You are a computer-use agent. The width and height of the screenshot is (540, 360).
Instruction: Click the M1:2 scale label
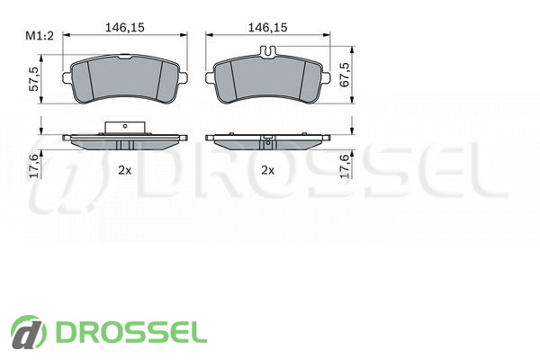40,35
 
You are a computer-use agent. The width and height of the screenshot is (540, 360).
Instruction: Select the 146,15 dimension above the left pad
125,27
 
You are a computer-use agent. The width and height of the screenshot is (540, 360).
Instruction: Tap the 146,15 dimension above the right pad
267,27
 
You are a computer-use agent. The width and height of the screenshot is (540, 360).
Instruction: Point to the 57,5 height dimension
33,79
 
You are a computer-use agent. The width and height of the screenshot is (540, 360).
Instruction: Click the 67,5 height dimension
345,75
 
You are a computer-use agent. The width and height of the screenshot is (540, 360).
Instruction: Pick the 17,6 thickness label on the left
33,166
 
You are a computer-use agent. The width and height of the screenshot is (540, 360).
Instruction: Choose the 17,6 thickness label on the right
345,166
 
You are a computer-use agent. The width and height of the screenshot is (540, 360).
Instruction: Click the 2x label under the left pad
125,170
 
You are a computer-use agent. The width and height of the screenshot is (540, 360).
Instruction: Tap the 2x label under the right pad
267,170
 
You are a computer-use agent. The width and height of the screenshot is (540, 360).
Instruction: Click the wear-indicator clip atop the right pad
267,52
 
